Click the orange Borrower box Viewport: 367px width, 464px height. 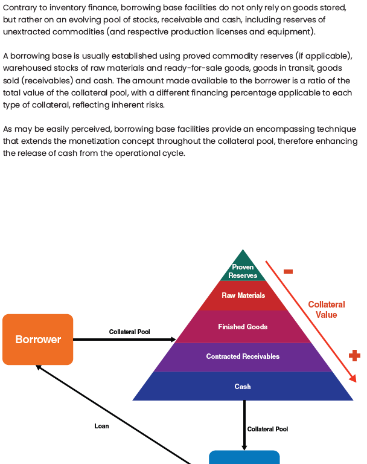pos(37,340)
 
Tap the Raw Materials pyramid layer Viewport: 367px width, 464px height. pos(243,295)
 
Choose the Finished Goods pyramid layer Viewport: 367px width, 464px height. pos(243,326)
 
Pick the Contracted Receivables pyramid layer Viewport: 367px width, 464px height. pos(243,356)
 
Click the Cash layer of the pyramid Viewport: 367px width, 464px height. pos(243,386)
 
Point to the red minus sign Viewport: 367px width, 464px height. pos(288,272)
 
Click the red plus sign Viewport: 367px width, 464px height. pos(354,355)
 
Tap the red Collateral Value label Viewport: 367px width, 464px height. pos(326,309)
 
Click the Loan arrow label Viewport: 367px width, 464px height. pos(101,426)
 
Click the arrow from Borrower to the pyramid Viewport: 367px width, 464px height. pos(124,340)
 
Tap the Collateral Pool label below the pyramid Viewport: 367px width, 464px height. pos(267,429)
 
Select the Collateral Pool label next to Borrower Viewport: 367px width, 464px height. pos(129,332)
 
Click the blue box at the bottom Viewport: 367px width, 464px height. pos(244,457)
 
